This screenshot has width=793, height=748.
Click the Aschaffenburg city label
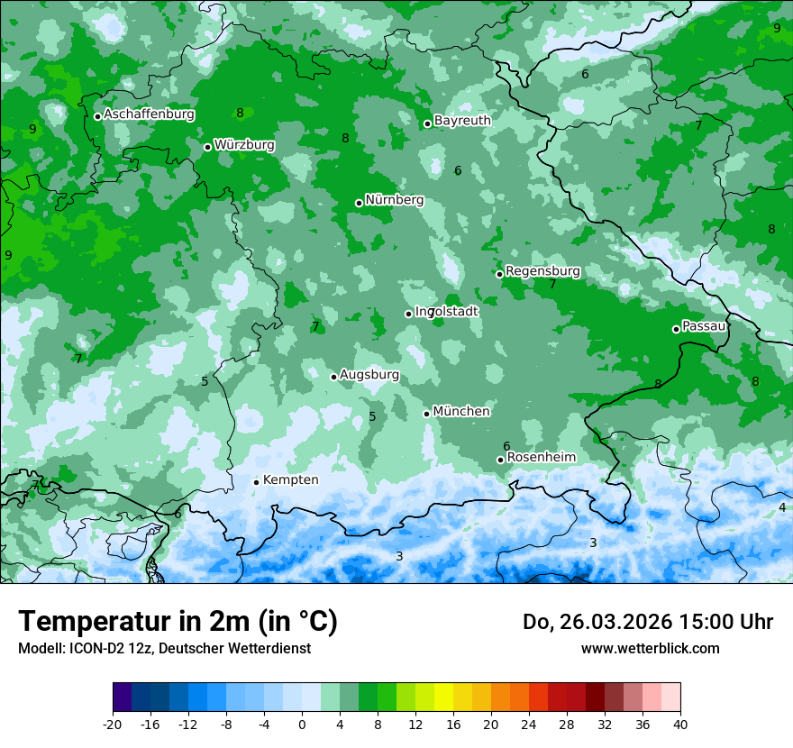click(x=149, y=114)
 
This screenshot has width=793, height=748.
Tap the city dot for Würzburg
click(x=207, y=147)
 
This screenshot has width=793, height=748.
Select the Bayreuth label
click(x=462, y=121)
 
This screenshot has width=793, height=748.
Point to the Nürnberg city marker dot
click(x=359, y=203)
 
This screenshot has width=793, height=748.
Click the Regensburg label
click(x=542, y=271)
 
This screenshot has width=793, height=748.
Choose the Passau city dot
click(x=676, y=329)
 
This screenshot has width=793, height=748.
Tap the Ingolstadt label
click(x=447, y=311)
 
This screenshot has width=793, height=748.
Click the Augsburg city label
click(x=369, y=375)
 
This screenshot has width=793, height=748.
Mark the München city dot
click(x=426, y=414)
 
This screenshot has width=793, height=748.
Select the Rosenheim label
click(x=541, y=458)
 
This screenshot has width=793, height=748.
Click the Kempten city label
click(x=290, y=480)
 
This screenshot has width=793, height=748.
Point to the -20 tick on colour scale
click(x=113, y=725)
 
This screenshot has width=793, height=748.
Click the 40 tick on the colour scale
click(x=680, y=725)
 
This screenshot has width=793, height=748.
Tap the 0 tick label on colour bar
click(x=302, y=725)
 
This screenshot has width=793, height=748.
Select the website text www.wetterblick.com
click(x=650, y=648)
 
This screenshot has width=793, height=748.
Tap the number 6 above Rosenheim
click(x=506, y=446)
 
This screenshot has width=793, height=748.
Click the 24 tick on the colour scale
click(x=529, y=725)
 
